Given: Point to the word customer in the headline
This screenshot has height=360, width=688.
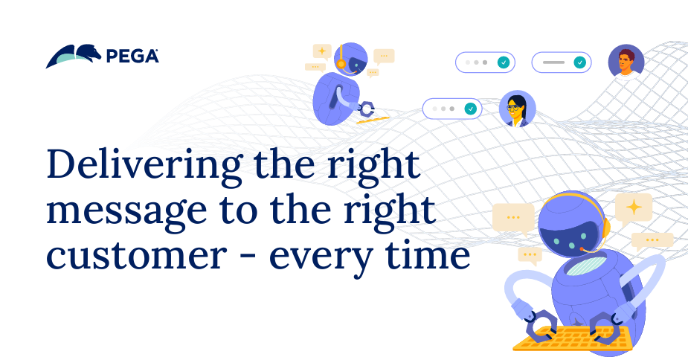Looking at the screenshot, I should (135, 257).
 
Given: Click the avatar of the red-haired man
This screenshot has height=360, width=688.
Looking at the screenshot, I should (626, 62).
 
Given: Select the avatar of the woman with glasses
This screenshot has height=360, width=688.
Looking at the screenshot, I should (517, 109).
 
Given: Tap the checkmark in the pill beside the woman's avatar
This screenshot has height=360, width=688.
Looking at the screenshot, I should (470, 109).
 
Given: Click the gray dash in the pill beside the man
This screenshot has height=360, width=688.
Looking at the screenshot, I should (553, 62).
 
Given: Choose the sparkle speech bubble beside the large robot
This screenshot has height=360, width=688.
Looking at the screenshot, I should (634, 207).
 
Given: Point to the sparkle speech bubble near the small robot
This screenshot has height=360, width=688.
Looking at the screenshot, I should (322, 51).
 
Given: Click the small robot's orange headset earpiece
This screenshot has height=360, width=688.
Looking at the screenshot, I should (341, 65).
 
